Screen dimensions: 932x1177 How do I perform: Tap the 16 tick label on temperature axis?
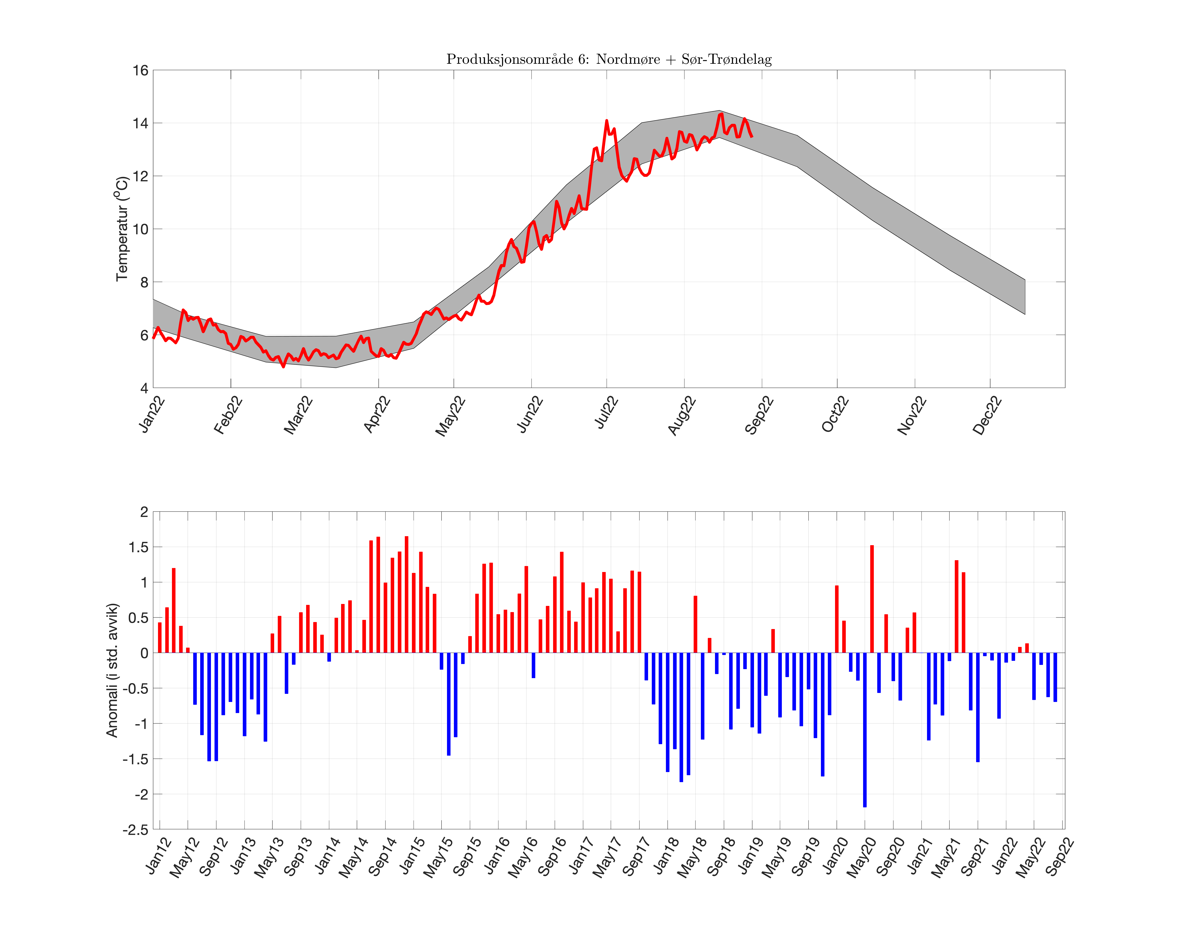[140, 70]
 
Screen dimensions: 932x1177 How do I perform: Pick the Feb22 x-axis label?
[228, 416]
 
